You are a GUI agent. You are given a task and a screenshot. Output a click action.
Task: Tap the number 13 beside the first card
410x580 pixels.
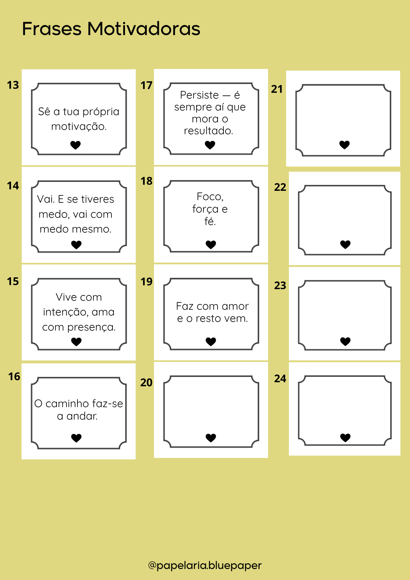pyautogui.click(x=13, y=85)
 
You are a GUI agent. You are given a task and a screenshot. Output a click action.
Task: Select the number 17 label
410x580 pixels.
pyautogui.click(x=146, y=86)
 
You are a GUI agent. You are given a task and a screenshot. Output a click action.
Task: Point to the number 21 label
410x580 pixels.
pyautogui.click(x=277, y=89)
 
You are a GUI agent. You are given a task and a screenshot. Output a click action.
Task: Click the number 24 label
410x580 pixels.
pyautogui.click(x=280, y=378)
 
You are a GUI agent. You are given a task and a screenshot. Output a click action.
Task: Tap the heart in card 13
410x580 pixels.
pyautogui.click(x=75, y=145)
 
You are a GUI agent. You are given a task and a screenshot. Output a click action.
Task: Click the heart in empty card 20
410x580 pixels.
pyautogui.click(x=211, y=438)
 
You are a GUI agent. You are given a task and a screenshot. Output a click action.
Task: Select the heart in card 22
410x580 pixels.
pyautogui.click(x=345, y=245)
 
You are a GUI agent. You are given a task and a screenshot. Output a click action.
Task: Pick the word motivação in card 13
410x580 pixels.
pyautogui.click(x=79, y=127)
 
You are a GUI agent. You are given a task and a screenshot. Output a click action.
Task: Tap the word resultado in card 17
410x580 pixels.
pyautogui.click(x=208, y=131)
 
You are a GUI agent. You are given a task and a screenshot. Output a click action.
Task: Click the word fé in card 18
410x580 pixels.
pyautogui.click(x=210, y=221)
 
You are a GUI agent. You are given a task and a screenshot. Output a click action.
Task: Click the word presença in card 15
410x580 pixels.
pyautogui.click(x=91, y=327)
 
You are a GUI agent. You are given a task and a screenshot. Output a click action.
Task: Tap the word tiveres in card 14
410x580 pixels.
pyautogui.click(x=98, y=199)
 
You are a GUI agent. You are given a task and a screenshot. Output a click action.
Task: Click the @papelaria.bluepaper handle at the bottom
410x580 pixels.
pyautogui.click(x=205, y=565)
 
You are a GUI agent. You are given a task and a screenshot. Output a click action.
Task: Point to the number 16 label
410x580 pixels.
pyautogui.click(x=14, y=377)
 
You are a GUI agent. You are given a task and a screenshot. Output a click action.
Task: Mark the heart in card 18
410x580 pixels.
pyautogui.click(x=211, y=245)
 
